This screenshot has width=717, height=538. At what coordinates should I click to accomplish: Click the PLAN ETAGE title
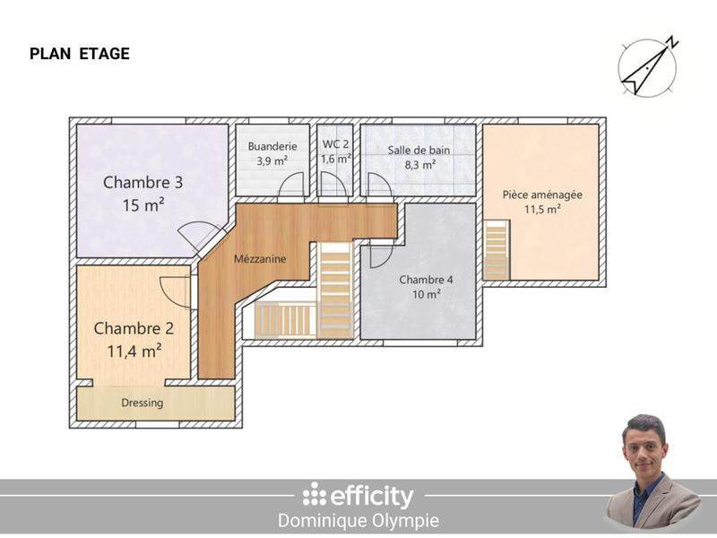pos(80,54)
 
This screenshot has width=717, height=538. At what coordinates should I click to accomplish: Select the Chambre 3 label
pos(143,182)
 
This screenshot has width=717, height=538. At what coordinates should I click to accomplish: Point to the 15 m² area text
pos(143,205)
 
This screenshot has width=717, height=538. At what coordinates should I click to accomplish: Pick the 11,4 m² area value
pos(134,351)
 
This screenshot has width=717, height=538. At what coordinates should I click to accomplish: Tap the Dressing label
pos(143,403)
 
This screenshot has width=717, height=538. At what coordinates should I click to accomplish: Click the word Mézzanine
pos(260,259)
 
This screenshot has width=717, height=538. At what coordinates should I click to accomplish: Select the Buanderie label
pos(272,146)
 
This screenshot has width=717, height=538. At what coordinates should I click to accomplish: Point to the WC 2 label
pos(335,143)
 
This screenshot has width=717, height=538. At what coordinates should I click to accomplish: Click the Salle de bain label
pos(419,150)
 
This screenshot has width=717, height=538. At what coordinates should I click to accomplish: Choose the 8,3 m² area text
pos(419,165)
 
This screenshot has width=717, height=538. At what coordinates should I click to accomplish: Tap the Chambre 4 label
pos(426,279)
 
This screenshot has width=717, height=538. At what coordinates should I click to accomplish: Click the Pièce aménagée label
pos(542,194)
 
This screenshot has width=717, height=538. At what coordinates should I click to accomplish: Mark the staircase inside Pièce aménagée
pos(496,250)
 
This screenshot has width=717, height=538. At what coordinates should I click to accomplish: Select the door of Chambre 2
pos(175,291)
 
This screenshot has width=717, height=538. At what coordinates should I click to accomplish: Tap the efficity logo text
pos(358,496)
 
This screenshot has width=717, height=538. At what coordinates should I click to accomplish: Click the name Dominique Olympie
pos(358,520)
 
